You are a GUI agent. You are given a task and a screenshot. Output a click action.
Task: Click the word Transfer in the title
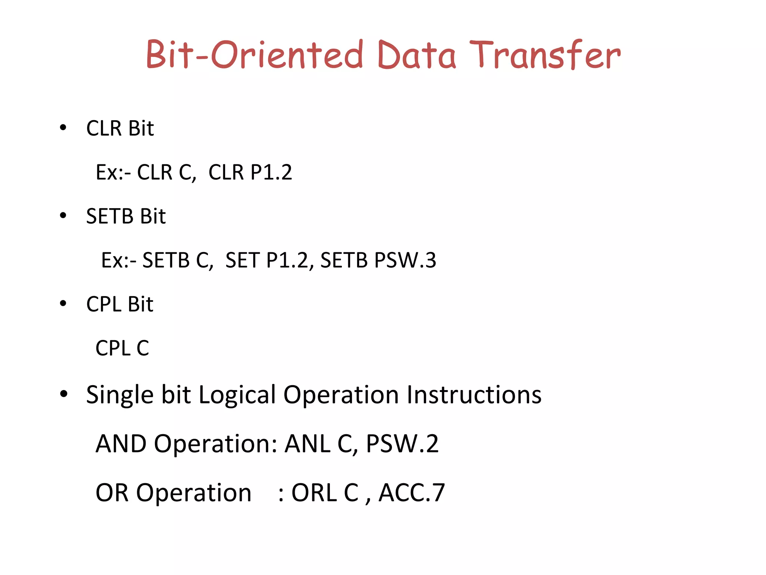click(x=545, y=55)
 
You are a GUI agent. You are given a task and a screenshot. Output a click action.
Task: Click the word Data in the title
click(x=417, y=55)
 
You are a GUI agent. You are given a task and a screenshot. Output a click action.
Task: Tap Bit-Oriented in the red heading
click(x=254, y=55)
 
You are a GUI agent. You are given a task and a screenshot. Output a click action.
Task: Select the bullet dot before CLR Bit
click(x=63, y=128)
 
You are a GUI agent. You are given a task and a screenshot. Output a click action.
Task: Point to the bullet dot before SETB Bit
click(x=63, y=216)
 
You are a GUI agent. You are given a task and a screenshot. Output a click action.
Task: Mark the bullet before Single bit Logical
click(x=64, y=394)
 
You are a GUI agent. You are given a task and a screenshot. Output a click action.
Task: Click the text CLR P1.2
click(x=250, y=172)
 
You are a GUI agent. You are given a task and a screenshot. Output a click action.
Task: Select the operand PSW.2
click(x=402, y=444)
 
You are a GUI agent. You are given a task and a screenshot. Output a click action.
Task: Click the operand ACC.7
click(x=412, y=493)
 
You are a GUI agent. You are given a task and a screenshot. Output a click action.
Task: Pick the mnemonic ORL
click(x=314, y=493)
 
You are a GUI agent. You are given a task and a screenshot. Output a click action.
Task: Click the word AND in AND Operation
click(x=121, y=444)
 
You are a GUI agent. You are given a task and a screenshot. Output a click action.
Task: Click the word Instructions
click(x=474, y=395)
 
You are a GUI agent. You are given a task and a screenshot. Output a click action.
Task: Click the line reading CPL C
click(x=122, y=348)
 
